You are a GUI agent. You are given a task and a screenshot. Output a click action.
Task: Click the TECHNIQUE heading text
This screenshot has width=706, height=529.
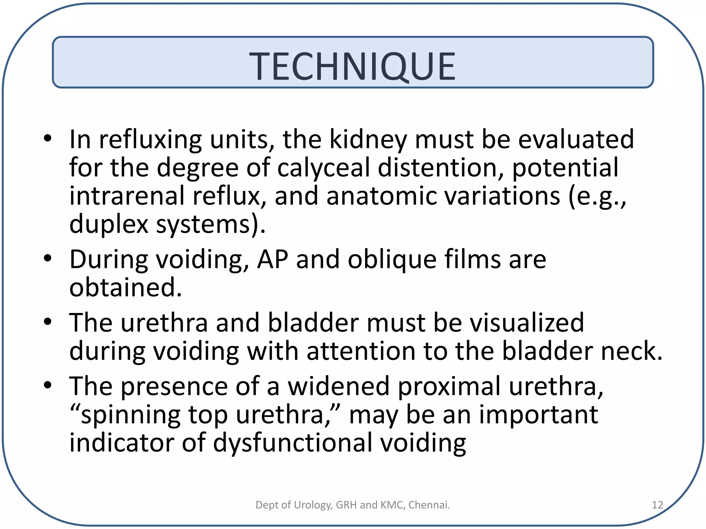coord(352,66)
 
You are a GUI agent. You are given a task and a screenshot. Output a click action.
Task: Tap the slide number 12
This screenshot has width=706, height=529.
coord(657,505)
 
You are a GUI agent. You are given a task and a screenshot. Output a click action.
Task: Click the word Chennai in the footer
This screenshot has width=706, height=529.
coord(429,505)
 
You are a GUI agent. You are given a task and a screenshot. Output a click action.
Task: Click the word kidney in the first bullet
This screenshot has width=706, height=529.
coord(368,139)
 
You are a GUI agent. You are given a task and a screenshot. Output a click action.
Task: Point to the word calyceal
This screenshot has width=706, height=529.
coord(323,168)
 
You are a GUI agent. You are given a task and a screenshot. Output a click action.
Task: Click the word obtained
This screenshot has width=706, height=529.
coord(125,288)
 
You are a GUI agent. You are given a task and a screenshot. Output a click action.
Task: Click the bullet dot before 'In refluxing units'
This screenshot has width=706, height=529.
coord(48,138)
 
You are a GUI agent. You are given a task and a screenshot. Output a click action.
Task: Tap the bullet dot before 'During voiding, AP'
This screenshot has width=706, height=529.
coord(48,258)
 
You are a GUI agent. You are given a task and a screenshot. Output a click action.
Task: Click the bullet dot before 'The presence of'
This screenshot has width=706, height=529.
coord(48,385)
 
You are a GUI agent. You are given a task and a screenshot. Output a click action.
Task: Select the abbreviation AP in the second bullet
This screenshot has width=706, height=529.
coord(272,260)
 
